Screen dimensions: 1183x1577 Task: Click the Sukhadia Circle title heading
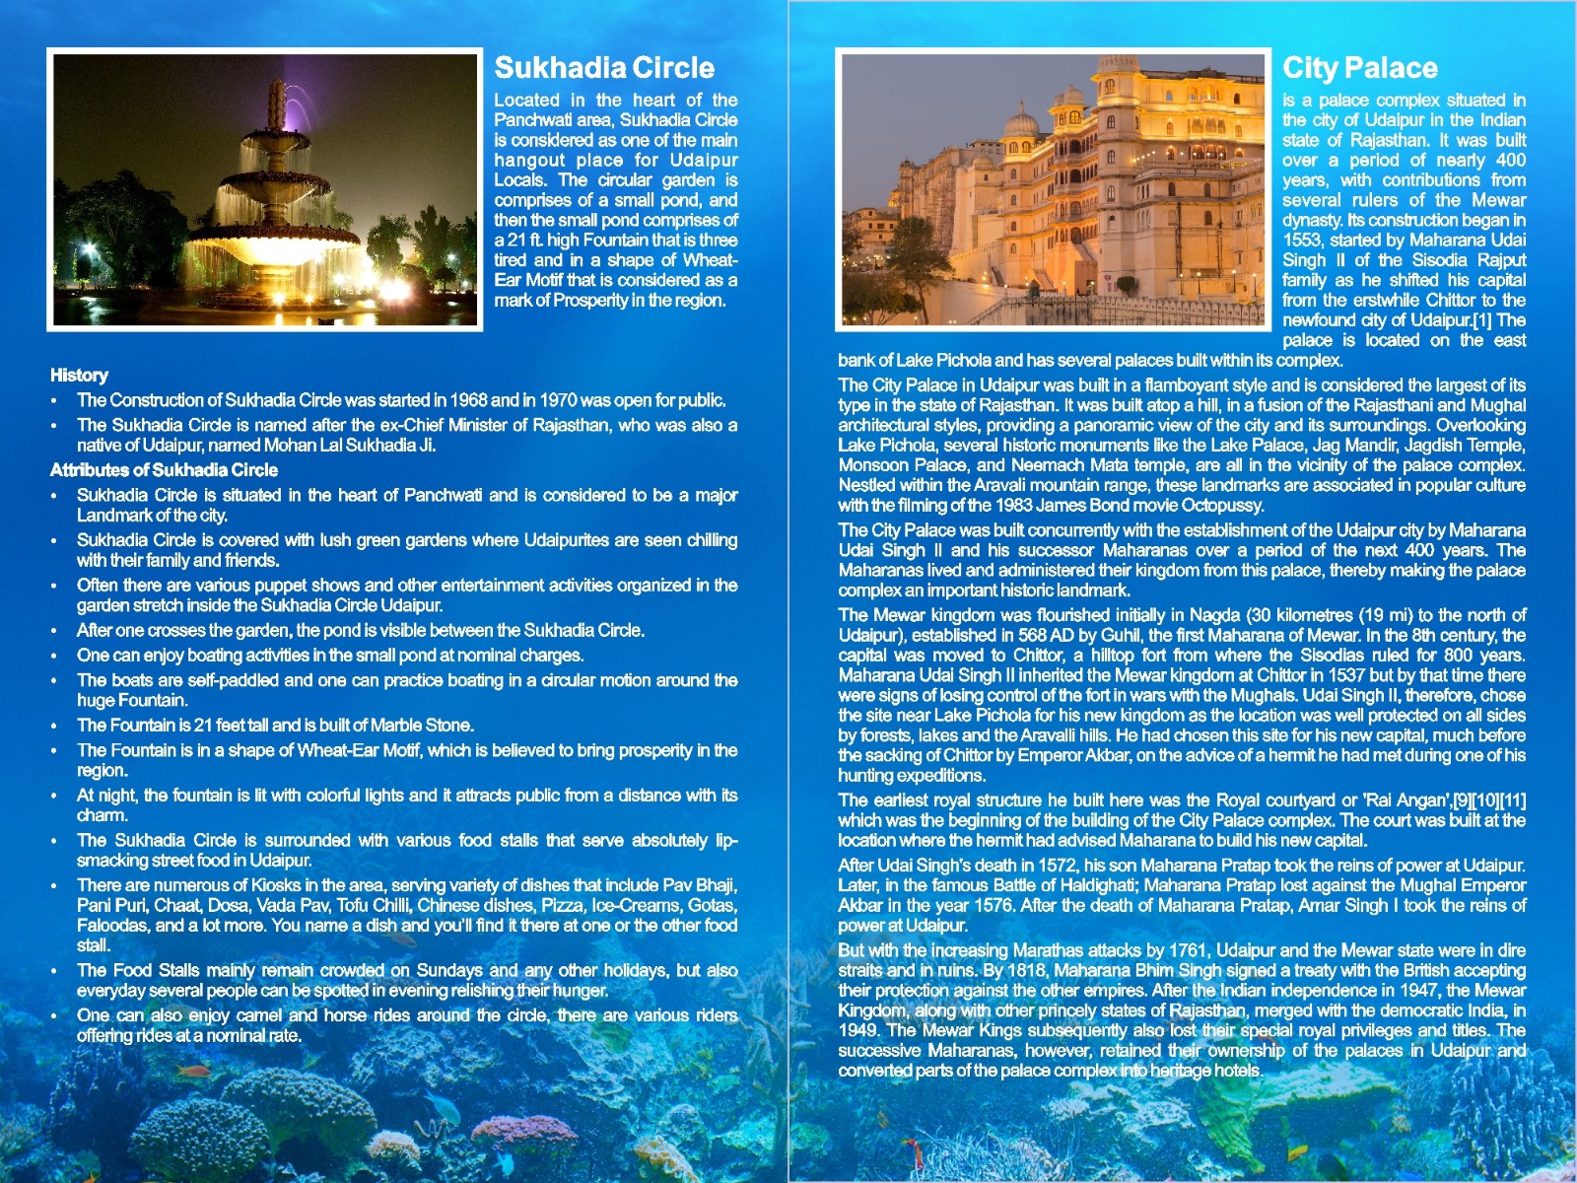point(603,68)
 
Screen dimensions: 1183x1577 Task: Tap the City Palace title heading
point(1359,68)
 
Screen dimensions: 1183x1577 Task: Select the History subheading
point(79,376)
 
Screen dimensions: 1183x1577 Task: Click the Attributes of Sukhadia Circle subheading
point(164,470)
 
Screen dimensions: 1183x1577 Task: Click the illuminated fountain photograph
point(265,190)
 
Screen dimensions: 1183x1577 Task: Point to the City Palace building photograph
point(1053,190)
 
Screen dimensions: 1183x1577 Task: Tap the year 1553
point(1302,241)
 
